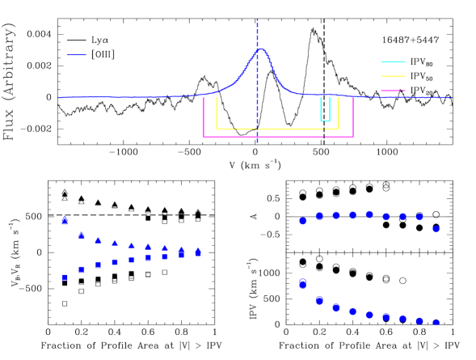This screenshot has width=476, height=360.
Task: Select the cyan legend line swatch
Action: [x=393, y=61]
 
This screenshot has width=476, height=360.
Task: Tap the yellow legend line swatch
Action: [x=393, y=76]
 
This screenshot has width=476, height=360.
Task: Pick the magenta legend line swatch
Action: [x=393, y=91]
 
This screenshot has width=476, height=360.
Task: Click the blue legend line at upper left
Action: [x=77, y=54]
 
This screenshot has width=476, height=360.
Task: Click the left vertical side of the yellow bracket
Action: [x=217, y=113]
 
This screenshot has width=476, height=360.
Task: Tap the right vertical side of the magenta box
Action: [x=353, y=117]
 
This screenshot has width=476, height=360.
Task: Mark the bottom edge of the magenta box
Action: [x=278, y=136]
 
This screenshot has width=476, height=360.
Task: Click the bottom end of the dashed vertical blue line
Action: [x=257, y=142]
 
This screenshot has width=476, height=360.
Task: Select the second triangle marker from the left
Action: [x=82, y=235]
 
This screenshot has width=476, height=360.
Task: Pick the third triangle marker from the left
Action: [x=99, y=240]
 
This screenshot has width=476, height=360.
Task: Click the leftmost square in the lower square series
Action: [x=65, y=277]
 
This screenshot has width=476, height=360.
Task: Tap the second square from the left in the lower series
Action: [x=82, y=269]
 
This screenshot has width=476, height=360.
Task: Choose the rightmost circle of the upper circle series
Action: [x=436, y=229]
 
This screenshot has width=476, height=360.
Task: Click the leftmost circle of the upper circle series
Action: [x=302, y=221]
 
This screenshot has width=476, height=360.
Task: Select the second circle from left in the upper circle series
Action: [x=319, y=216]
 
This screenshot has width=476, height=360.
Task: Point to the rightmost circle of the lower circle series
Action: [x=436, y=323]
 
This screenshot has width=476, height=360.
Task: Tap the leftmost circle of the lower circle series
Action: [x=302, y=283]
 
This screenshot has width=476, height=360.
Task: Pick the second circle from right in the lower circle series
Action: [x=419, y=321]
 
